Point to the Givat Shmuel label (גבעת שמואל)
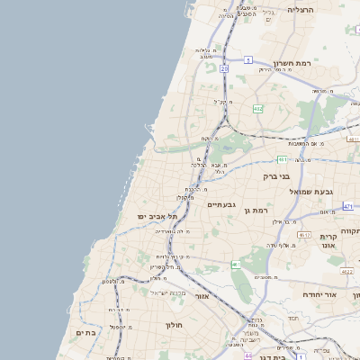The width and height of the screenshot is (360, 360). pos(287,192)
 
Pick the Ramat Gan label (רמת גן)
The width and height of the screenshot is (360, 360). pos(258,210)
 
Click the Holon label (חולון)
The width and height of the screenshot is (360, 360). pos(174,325)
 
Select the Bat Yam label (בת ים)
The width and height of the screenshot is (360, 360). pos(85,332)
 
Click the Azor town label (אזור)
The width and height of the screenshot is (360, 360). pos(202,295)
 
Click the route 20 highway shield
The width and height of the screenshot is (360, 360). pos(224,68)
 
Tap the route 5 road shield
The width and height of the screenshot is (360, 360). pos(247,60)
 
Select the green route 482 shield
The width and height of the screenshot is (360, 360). pos(258,109)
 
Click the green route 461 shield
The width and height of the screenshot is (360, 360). pos(236,265)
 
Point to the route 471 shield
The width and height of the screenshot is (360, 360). pos(347,207)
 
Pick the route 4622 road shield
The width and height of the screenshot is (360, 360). pos(347,271)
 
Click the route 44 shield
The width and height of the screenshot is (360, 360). pos(248,355)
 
